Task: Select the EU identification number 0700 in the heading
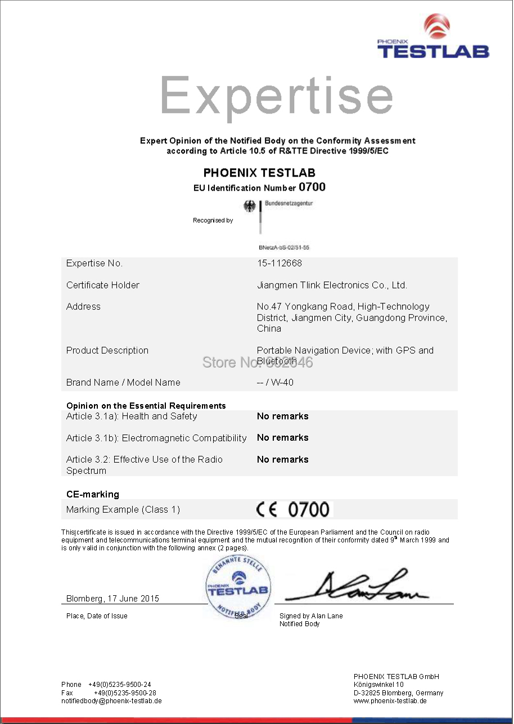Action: (312, 187)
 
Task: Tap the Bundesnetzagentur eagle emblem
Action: (249, 206)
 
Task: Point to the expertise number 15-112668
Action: (279, 263)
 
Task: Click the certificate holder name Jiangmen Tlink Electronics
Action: (332, 285)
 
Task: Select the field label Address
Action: (83, 306)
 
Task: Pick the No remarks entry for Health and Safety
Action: (282, 416)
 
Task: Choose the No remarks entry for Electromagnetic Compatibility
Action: (282, 437)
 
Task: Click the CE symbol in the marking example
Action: (268, 509)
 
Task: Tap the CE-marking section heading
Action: (93, 494)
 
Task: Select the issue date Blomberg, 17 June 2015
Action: (112, 599)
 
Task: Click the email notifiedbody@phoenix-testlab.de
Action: (111, 701)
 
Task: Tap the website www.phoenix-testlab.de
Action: (390, 701)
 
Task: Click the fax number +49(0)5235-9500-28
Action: (125, 693)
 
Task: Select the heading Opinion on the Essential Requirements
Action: (146, 405)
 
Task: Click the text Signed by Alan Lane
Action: (311, 616)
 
